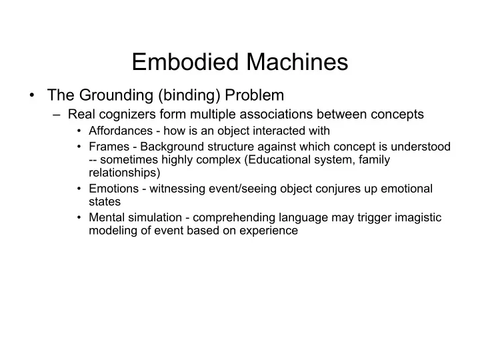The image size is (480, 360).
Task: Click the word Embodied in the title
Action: (x=185, y=62)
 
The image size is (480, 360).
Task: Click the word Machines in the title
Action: (x=297, y=62)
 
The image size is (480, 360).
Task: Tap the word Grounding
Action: (x=116, y=95)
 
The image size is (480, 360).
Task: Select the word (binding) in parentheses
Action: (x=189, y=95)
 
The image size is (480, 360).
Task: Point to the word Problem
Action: (x=255, y=95)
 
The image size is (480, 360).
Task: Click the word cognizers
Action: (x=127, y=115)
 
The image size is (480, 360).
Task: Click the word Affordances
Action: (x=121, y=131)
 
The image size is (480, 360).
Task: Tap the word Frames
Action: (x=109, y=147)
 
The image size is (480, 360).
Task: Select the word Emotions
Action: (x=113, y=189)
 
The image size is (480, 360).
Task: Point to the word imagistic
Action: (x=418, y=217)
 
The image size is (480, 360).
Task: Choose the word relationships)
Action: (x=125, y=173)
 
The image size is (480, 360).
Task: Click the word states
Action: (x=105, y=202)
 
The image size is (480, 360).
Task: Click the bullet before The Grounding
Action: (x=32, y=95)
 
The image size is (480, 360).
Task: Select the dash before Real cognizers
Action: (x=57, y=115)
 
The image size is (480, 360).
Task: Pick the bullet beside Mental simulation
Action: (x=79, y=217)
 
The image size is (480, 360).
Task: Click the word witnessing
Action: (x=177, y=189)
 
